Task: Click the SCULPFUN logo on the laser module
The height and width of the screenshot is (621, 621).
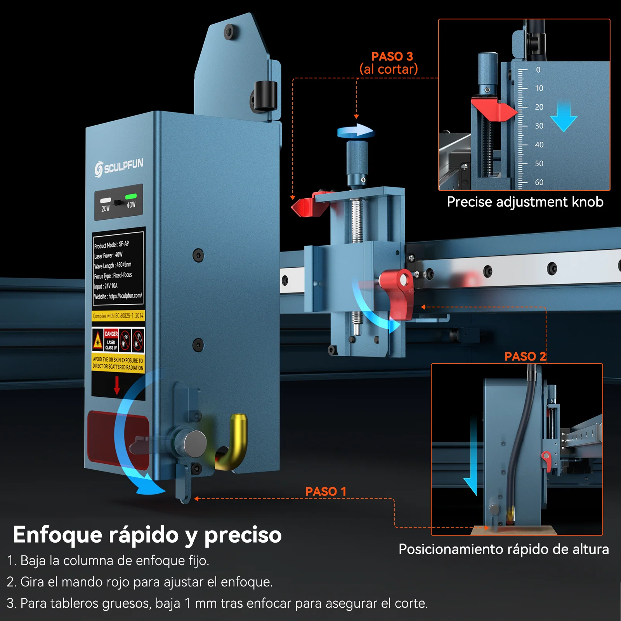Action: pos(119,168)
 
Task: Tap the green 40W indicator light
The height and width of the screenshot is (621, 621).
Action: pos(131,196)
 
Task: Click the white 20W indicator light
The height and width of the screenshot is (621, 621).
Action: pos(106,201)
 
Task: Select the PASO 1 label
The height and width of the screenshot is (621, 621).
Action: pos(326,491)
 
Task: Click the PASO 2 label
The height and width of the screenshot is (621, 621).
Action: pos(525,356)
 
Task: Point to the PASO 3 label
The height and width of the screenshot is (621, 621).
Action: pos(392,56)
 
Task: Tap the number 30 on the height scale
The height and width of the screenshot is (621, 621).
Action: pos(539,126)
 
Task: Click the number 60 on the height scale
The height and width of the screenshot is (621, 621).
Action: pos(539,182)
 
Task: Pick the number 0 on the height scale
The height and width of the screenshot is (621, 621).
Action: pos(538,70)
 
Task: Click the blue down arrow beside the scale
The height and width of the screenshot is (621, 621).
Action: pos(564,116)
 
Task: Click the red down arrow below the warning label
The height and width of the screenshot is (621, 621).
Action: pos(117,385)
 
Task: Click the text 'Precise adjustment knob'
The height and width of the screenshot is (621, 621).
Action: pos(525,202)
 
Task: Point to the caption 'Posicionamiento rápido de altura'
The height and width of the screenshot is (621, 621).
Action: pos(504,549)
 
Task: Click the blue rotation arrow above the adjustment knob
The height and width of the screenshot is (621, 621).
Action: pos(356,131)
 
